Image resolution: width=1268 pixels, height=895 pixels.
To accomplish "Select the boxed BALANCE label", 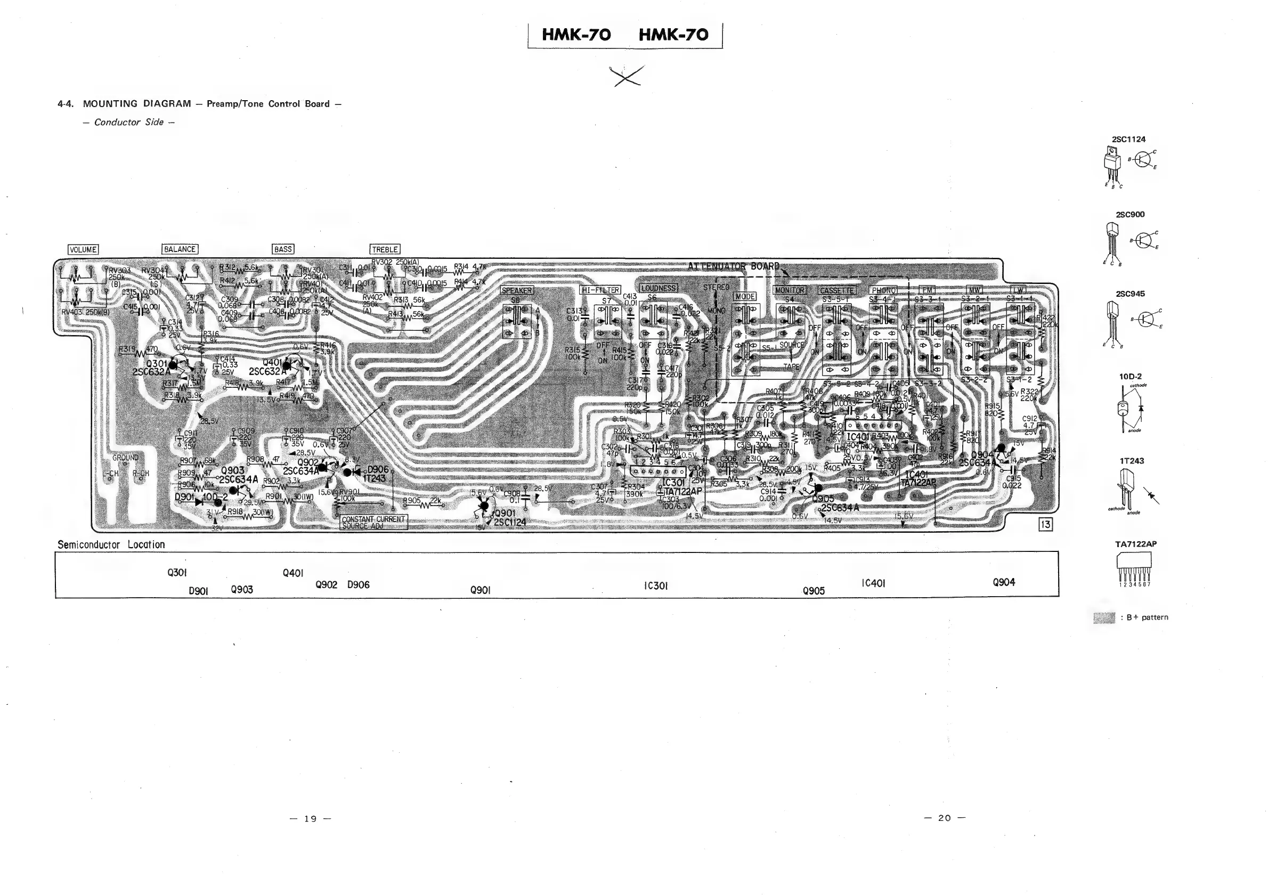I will (x=180, y=249).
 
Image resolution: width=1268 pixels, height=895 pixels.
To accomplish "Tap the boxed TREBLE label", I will (x=385, y=249).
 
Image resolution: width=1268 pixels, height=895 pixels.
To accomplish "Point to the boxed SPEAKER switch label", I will (x=516, y=290).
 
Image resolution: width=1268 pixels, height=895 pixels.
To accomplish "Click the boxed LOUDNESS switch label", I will (x=659, y=288).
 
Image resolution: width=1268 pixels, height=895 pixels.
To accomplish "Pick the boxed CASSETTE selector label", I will (x=836, y=290).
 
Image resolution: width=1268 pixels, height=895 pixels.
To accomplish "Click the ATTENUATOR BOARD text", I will (x=734, y=267).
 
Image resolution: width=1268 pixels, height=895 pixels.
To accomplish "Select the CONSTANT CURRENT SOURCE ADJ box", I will (x=374, y=522).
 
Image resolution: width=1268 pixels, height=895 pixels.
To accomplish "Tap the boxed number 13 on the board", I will (x=1045, y=525).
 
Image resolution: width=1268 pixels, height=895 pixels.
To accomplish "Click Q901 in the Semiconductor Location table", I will (x=481, y=590).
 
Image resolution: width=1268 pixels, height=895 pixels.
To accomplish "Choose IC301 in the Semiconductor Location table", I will (x=655, y=586).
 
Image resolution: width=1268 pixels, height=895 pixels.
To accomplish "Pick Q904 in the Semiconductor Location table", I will (x=1003, y=582).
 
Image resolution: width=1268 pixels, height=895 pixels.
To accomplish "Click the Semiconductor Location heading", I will (x=111, y=544).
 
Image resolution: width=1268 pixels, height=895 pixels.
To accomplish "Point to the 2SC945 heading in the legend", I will (x=1130, y=294).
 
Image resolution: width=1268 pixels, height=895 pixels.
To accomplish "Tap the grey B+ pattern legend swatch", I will (x=1104, y=617).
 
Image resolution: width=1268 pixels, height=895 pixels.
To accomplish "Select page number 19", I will (x=311, y=818).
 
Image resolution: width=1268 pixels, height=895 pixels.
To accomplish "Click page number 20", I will (x=945, y=818).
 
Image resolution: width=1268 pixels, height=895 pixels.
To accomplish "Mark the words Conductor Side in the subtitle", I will (x=129, y=122).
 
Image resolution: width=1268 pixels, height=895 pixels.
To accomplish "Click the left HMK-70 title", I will (x=576, y=35).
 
